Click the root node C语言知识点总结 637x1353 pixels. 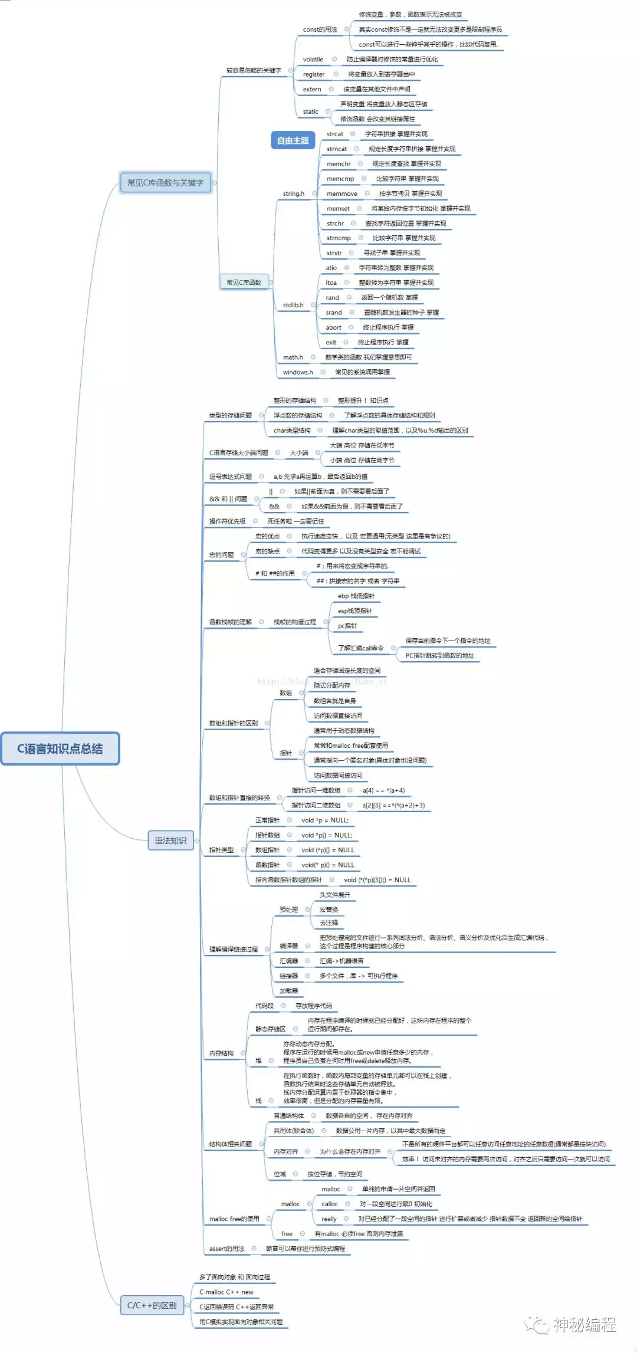[60, 748]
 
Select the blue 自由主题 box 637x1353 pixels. [293, 140]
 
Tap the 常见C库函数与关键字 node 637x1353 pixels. [165, 183]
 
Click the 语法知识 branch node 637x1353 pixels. [170, 840]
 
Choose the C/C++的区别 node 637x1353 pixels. [152, 1305]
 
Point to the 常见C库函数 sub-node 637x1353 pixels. [244, 283]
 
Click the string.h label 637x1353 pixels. [293, 193]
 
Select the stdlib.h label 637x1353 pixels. [293, 305]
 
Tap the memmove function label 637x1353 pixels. [342, 193]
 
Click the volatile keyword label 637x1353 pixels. [313, 60]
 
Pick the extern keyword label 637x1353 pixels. [312, 90]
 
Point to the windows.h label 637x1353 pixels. [297, 372]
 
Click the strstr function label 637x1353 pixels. [334, 253]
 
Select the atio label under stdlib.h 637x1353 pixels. [331, 268]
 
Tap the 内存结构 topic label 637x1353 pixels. [221, 1053]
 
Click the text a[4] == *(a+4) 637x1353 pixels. [383, 790]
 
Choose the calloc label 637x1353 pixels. [329, 1204]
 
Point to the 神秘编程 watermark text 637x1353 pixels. [584, 1325]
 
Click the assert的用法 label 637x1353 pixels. [226, 1249]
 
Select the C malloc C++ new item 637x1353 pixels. [226, 1292]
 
